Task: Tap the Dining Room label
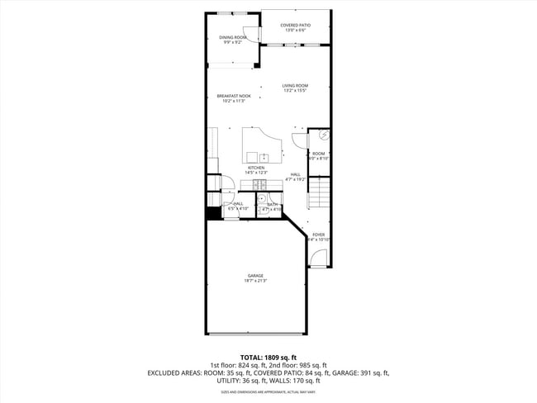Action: coord(232,37)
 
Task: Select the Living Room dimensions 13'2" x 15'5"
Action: coord(295,91)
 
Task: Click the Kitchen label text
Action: coord(256,168)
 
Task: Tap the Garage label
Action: coord(255,276)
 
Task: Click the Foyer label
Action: coord(318,235)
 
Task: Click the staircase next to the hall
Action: coord(319,197)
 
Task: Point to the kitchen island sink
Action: coord(264,157)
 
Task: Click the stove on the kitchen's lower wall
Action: coord(259,183)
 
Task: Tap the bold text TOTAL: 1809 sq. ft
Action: coord(268,357)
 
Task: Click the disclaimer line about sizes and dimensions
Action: coord(268,392)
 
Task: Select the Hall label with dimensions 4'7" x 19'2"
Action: coord(295,176)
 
